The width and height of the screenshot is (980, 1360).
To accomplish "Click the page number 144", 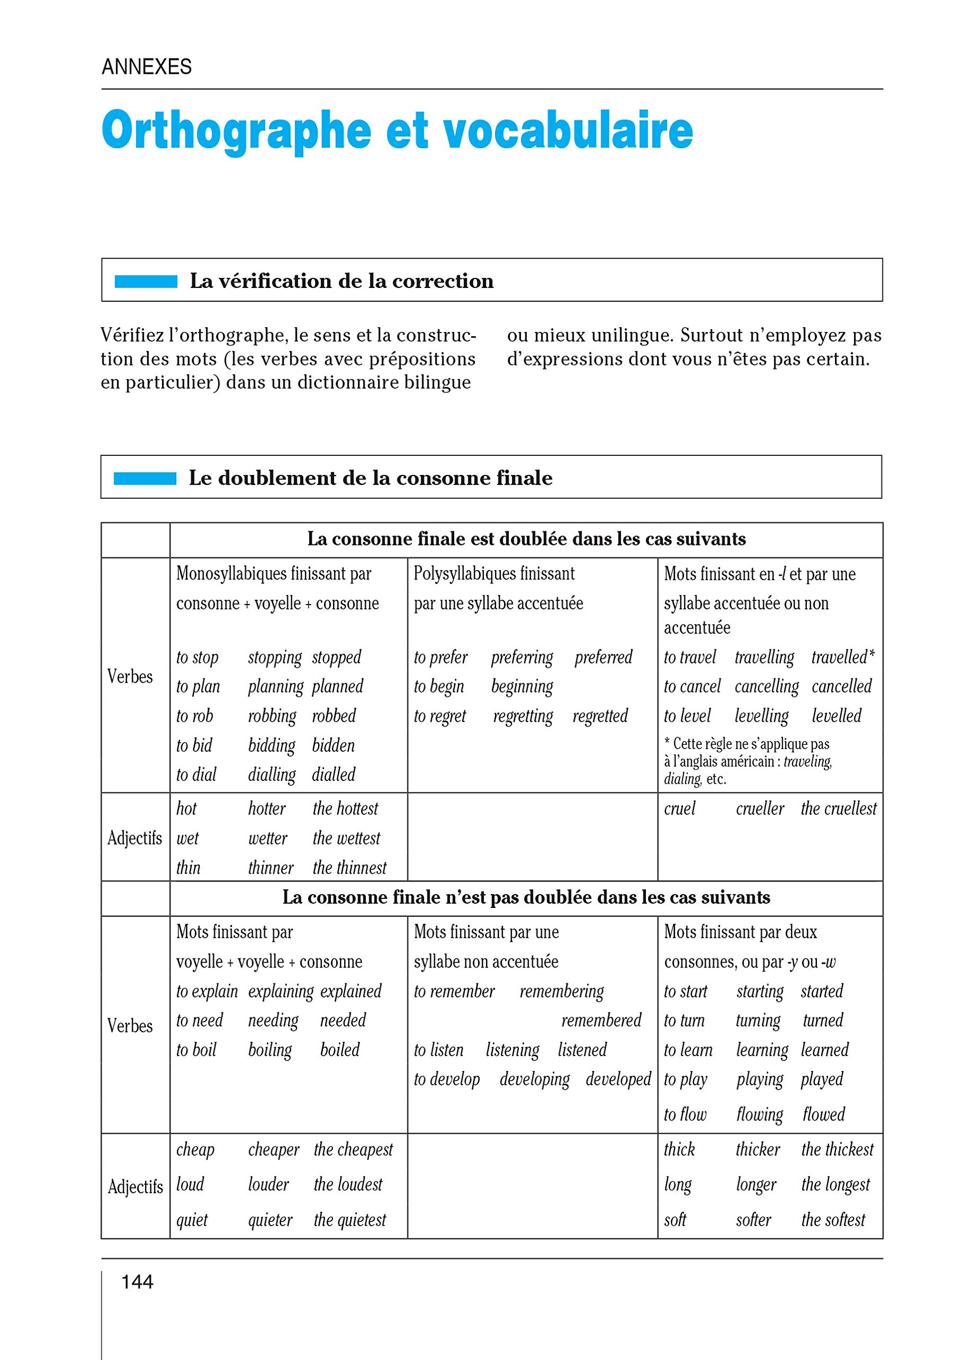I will coord(137,1282).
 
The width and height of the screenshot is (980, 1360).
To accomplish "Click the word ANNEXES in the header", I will coord(147,66).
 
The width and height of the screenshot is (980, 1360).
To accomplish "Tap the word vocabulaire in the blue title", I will coord(568,131).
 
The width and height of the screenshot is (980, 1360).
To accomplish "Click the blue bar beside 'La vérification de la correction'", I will coord(146,281).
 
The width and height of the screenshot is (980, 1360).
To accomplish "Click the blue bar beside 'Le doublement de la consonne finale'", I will coord(145,479).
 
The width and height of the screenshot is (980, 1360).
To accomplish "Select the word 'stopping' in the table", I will coord(275,658).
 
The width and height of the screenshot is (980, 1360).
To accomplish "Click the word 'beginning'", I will coord(522,686).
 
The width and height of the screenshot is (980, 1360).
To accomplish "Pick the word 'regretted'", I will coord(600,716).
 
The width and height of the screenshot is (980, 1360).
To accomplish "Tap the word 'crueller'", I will coord(760,809).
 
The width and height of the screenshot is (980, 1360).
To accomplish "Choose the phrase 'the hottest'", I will coord(345,809).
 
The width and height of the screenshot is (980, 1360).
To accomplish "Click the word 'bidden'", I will coord(333,745).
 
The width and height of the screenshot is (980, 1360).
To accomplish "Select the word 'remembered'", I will coord(601,1020).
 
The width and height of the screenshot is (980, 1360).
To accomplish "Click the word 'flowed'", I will coord(823,1114).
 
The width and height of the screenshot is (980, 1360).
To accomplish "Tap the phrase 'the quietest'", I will coord(350,1220).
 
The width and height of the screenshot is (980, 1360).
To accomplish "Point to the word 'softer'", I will coord(753,1220).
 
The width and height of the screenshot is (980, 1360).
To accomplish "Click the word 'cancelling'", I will coord(766,686).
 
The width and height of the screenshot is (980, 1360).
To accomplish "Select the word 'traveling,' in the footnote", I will coord(807,762).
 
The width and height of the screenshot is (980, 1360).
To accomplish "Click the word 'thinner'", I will coord(271,868).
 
